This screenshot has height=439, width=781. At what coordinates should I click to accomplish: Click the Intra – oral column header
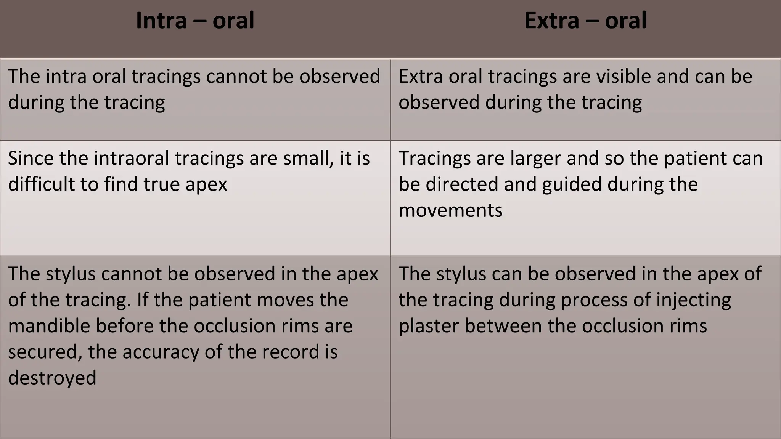coord(195,21)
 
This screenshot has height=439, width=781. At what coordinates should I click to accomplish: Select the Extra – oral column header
coord(585,21)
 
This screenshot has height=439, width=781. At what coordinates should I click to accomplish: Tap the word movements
coord(450,210)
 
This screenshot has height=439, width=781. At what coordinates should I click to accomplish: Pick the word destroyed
coord(52,378)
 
